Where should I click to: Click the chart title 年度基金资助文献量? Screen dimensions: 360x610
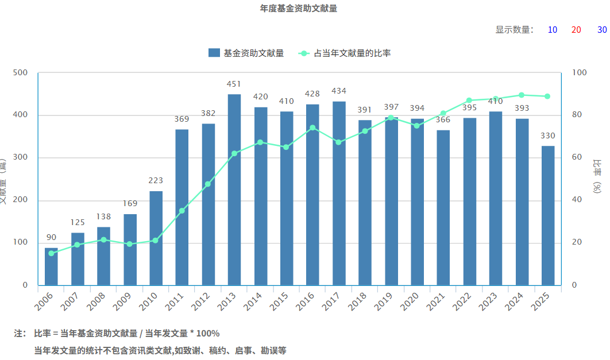pyautogui.click(x=298, y=9)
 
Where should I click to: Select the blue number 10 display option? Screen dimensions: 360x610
pyautogui.click(x=553, y=30)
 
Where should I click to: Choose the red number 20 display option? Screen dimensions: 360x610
pyautogui.click(x=576, y=30)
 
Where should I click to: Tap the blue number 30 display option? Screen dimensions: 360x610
pyautogui.click(x=602, y=30)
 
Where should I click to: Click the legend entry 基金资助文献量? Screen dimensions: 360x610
pyautogui.click(x=246, y=53)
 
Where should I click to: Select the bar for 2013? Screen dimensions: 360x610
pyautogui.click(x=234, y=189)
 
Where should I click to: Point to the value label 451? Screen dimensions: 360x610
pyautogui.click(x=234, y=84)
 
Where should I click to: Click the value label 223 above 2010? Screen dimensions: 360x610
pyautogui.click(x=156, y=180)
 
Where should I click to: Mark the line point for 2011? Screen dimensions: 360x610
pyautogui.click(x=182, y=211)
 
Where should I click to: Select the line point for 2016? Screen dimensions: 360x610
pyautogui.click(x=312, y=128)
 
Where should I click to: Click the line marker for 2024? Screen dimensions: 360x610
pyautogui.click(x=522, y=95)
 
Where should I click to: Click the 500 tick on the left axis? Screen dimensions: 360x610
pyautogui.click(x=20, y=73)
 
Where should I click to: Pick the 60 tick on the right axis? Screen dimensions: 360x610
pyautogui.click(x=578, y=157)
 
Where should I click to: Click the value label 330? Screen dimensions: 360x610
pyautogui.click(x=548, y=136)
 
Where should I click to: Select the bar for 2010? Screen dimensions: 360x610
pyautogui.click(x=156, y=238)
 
